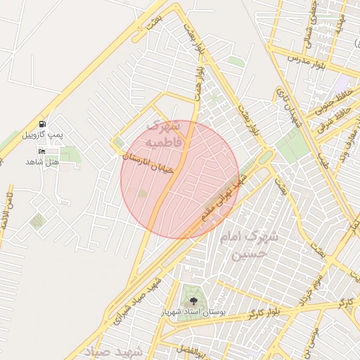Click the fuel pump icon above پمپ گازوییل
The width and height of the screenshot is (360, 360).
(x=43, y=124)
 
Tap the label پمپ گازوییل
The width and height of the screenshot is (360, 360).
(x=43, y=134)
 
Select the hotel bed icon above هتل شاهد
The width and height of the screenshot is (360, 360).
(x=41, y=151)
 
